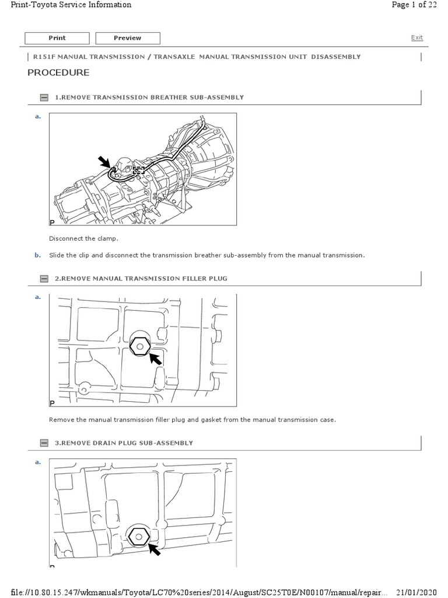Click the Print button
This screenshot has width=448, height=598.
point(57,38)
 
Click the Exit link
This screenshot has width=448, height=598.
point(416,37)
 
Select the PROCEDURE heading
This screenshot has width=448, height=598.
point(58,73)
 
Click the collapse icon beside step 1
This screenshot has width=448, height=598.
point(44,98)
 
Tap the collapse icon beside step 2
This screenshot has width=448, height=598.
point(44,279)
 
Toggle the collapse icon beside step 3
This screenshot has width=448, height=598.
point(44,443)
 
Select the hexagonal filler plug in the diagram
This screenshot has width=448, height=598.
point(140,346)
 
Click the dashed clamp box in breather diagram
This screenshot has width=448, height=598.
point(138,171)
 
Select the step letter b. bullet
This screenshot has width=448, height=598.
point(38,255)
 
